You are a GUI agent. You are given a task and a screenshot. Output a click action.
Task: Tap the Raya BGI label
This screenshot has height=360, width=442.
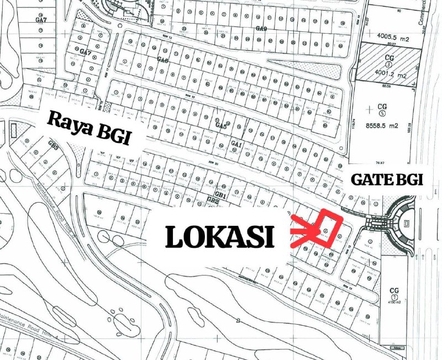pyautogui.click(x=89, y=128)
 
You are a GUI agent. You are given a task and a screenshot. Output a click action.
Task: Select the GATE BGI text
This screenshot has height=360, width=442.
pyautogui.click(x=387, y=179)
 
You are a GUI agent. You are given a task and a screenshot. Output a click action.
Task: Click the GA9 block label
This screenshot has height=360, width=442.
pyautogui.click(x=261, y=28)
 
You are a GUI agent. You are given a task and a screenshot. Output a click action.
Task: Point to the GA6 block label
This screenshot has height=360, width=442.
pyautogui.click(x=162, y=60)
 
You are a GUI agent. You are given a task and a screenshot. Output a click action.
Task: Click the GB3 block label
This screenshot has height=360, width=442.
pyautogui.click(x=54, y=145)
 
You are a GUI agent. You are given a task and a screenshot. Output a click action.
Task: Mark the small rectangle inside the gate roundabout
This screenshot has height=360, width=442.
pyautogui.click(x=407, y=224)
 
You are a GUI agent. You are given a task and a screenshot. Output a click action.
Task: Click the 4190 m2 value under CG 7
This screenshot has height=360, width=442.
pyautogui.click(x=394, y=303)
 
